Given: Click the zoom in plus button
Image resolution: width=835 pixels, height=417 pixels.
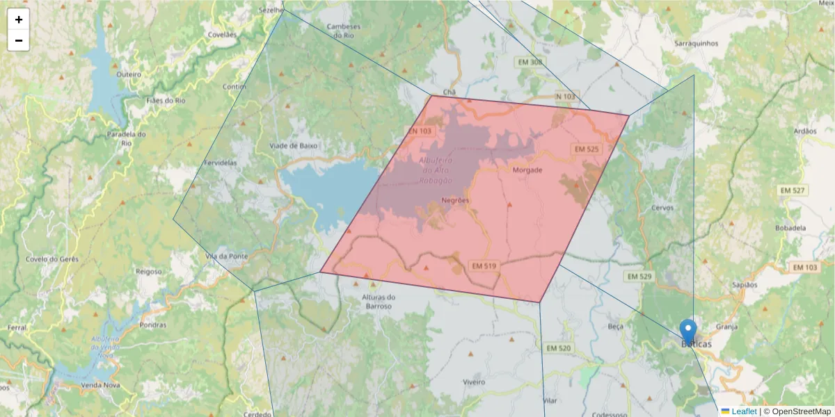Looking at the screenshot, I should point(19,19).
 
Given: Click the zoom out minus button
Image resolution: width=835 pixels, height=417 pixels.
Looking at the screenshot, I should point(19,40).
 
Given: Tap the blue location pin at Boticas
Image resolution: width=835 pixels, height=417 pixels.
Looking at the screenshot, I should point(688,331).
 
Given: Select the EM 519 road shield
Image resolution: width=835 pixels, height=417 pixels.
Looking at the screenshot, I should point(484,266).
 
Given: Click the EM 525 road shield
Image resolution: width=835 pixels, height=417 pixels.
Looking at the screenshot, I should point(585,149).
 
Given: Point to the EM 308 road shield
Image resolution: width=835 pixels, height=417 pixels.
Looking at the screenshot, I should point(530,62).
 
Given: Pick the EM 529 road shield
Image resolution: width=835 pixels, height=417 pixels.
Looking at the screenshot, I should point(638,276).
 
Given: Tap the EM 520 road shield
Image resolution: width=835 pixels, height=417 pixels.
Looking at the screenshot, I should point(559,347).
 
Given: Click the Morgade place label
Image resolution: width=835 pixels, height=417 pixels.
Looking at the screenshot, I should point(527,170).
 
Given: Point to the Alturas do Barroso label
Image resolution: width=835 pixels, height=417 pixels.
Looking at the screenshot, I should point(379,302).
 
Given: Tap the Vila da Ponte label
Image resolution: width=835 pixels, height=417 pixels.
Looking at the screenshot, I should point(227,256).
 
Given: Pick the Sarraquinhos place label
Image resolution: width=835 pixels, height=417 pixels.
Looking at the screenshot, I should point(697,43).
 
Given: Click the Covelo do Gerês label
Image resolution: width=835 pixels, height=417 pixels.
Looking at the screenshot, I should point(52,259).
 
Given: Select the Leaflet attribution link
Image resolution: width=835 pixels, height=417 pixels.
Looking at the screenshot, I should point(743,411).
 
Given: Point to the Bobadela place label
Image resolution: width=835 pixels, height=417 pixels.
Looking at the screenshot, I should point(790,227).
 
